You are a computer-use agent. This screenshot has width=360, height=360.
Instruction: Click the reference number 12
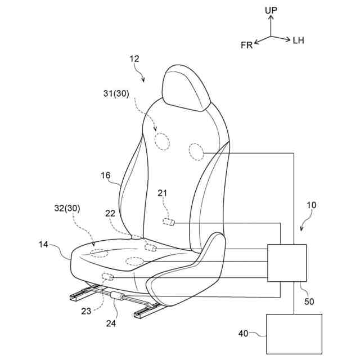coord(134,58)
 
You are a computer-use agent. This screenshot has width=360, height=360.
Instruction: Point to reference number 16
coord(106,175)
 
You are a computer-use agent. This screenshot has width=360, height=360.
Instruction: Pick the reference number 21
coord(163,193)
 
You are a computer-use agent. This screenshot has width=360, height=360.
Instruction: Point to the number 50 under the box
coord(309,301)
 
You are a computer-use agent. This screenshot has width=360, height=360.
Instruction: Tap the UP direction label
coord(271,10)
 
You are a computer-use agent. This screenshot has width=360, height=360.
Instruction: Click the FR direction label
coord(247,45)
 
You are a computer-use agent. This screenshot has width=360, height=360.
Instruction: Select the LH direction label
coord(299,40)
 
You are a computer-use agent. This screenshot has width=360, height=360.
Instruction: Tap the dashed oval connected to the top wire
coord(196,151)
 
